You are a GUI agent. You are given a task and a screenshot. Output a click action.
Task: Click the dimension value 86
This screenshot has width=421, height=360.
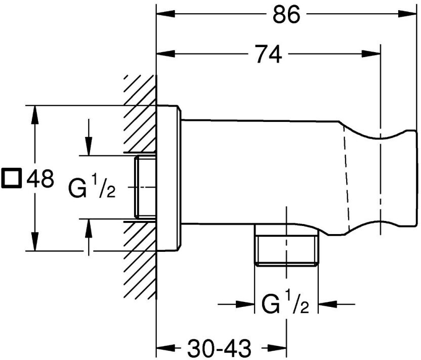point(286,15)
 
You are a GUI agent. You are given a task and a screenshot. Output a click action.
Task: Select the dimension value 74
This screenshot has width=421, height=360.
point(269,54)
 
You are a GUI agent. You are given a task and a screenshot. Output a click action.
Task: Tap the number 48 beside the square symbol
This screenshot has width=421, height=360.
point(40,178)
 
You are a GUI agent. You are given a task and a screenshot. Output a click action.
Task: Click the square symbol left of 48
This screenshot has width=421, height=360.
point(11,178)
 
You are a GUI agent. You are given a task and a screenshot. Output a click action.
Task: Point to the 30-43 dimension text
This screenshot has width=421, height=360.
point(219,348)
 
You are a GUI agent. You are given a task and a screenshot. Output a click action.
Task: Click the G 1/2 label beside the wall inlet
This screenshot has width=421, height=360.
point(92,186)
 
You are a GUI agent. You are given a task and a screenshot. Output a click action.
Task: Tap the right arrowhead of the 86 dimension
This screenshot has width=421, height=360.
point(407,14)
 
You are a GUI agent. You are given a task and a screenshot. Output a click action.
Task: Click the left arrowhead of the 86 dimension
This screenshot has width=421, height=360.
point(165,14)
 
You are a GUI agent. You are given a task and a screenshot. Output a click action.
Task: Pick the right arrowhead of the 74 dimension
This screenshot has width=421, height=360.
point(371,54)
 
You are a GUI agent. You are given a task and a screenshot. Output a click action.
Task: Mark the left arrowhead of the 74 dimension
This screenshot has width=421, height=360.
point(165,54)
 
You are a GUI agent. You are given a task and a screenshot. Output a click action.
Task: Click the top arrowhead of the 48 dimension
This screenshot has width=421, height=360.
point(34,115)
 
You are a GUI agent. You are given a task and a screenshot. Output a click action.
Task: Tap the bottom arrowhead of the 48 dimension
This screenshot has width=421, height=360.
point(34,242)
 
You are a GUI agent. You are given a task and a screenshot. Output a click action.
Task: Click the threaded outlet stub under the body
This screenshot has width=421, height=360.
point(286,245)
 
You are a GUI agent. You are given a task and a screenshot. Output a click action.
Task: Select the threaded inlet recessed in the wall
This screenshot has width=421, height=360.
point(145,187)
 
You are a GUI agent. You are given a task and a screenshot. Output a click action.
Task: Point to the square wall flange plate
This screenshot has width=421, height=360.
point(169,178)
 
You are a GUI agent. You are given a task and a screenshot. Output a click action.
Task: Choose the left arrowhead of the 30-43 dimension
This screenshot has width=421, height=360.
point(165,348)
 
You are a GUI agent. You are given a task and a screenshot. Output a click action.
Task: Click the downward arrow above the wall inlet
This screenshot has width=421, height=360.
point(89,146)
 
